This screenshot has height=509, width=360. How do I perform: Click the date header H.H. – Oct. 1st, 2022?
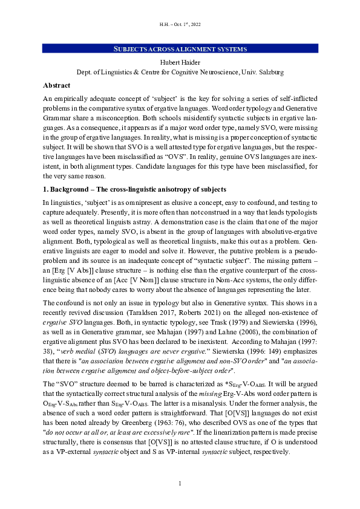pos(180,24)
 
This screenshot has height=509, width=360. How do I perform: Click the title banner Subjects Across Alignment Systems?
pos(180,49)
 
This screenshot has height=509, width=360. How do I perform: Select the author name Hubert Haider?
pos(180,61)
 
